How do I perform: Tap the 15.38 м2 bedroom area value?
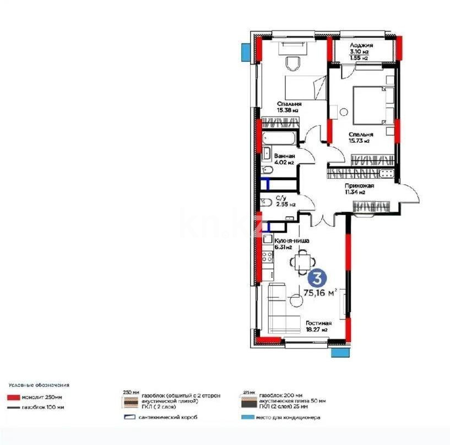pos(287,110)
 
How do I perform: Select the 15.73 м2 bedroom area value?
pos(358,141)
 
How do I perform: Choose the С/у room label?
pos(280,197)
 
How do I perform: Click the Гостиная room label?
pos(318,323)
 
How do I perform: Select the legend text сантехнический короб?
pos(167,417)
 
